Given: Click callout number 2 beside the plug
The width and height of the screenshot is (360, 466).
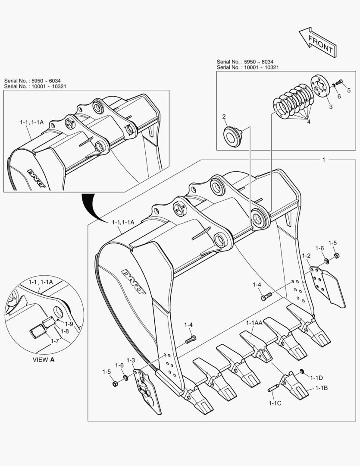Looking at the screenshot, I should (224, 116).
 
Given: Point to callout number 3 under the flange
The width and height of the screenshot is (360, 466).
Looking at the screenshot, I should (330, 107).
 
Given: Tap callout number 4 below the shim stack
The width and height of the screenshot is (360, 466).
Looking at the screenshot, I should (308, 122).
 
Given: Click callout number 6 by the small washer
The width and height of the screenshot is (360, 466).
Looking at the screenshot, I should (339, 97).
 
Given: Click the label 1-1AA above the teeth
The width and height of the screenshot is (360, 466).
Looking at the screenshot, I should (254, 323).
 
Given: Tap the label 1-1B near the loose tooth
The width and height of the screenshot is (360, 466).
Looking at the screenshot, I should (321, 388).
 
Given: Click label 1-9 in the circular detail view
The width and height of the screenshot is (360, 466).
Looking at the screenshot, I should (69, 323).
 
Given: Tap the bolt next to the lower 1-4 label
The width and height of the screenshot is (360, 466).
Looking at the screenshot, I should (191, 340).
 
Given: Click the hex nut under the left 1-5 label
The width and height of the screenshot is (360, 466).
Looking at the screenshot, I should (115, 384).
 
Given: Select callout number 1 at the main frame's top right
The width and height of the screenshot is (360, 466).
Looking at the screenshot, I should (323, 159).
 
